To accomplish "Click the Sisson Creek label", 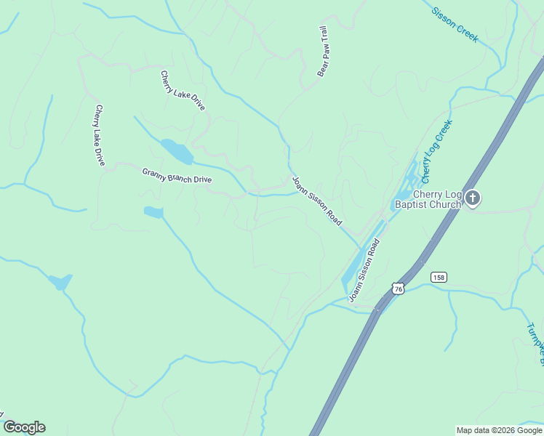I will (455, 25).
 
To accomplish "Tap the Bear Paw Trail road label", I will (324, 52).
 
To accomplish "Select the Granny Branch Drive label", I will (177, 175).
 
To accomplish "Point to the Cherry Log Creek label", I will (436, 151).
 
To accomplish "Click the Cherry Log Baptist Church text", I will (427, 199).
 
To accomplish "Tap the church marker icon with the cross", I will (473, 198).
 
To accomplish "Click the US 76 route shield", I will (397, 288).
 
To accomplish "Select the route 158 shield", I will (439, 277).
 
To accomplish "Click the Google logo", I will (24, 427).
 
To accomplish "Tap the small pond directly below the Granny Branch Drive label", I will (153, 212).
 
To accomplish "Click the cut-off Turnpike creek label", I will (537, 342).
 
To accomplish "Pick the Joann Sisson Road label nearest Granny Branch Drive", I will (316, 201).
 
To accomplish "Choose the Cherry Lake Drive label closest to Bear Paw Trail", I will (183, 90).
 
